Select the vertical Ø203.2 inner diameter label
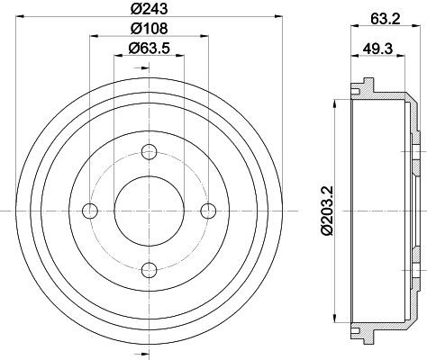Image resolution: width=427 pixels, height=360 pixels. [327, 209]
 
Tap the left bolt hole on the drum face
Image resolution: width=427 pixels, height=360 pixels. [89, 210]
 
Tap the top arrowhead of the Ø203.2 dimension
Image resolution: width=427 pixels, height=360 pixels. [338, 101]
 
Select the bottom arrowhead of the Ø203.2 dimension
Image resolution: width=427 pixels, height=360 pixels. [338, 319]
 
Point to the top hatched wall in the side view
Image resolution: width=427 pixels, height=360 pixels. [378, 93]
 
